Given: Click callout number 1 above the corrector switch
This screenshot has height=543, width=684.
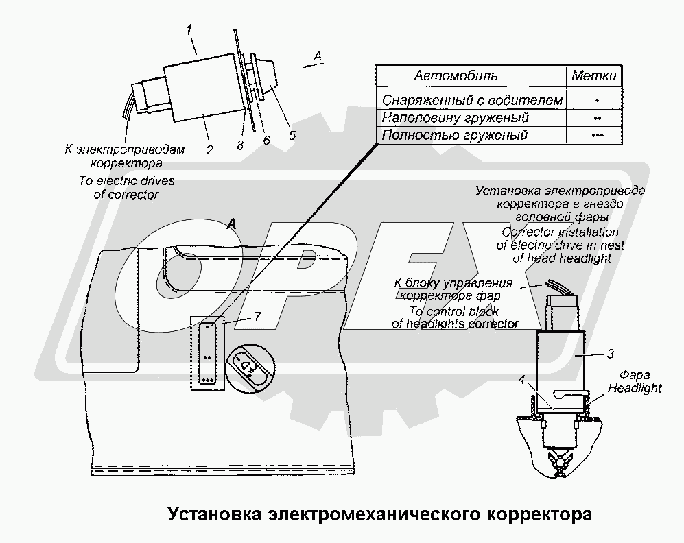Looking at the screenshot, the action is (x=189, y=30).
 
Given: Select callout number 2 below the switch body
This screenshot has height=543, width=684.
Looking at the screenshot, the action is (x=209, y=150).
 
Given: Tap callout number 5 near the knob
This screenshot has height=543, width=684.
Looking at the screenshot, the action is (x=292, y=136).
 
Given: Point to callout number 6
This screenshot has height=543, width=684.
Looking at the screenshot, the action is (x=266, y=139).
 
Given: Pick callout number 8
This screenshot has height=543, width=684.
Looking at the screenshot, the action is (x=240, y=145).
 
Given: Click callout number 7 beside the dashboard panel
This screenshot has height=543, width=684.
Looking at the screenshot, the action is (x=257, y=315).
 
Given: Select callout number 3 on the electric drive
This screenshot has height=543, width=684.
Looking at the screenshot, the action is (x=610, y=354).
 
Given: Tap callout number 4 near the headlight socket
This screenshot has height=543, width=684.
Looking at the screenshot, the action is (x=521, y=380).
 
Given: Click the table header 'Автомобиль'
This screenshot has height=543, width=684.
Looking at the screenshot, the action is (x=455, y=76).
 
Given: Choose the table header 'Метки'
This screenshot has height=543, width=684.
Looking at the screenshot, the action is (x=593, y=75).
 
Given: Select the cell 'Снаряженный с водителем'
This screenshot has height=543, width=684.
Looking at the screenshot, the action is (x=472, y=100).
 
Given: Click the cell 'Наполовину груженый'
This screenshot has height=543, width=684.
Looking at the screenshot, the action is (x=455, y=118).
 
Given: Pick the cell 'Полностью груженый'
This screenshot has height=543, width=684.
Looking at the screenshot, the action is (x=454, y=135).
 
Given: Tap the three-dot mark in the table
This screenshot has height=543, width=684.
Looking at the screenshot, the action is (x=597, y=135).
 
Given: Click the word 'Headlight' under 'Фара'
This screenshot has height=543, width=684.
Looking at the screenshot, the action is (x=635, y=388).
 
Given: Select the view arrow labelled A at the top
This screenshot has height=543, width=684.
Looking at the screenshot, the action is (x=314, y=65).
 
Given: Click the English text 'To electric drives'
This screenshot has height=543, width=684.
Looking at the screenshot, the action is (x=126, y=181).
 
